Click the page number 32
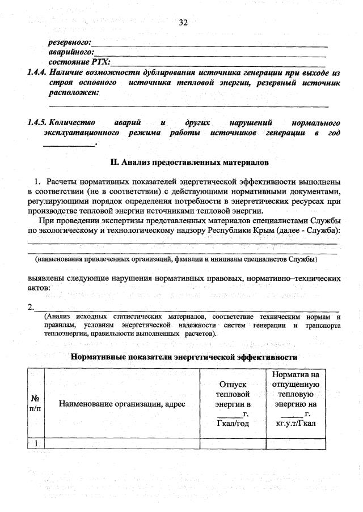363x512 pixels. click(x=183, y=23)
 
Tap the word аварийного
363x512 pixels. click(x=70, y=52)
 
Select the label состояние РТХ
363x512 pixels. click(x=79, y=62)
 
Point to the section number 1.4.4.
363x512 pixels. click(x=37, y=72)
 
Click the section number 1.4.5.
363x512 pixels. click(x=37, y=122)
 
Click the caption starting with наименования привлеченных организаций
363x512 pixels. click(x=175, y=259)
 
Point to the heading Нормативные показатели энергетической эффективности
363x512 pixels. click(x=184, y=357)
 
